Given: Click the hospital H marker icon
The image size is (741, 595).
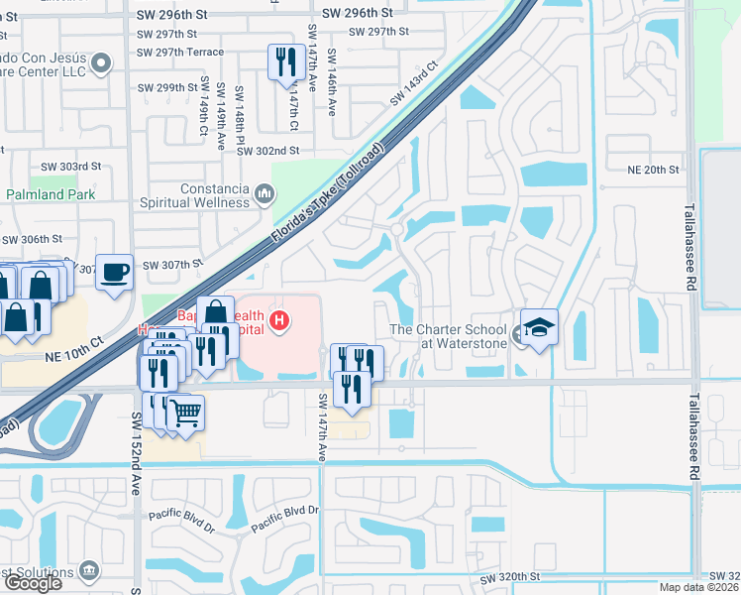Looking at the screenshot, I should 280,319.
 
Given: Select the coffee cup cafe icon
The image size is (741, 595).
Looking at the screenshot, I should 115,271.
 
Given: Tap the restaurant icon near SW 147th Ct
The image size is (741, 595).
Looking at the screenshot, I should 285,61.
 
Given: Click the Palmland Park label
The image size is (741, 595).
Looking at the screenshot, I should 52,194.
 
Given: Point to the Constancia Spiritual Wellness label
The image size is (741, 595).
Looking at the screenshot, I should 215,195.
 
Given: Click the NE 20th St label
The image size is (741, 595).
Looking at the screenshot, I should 653,170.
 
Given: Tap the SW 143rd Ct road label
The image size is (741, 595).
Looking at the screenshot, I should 413,84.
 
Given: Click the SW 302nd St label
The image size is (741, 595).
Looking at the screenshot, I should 267,150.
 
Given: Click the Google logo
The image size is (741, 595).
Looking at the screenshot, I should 32,583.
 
